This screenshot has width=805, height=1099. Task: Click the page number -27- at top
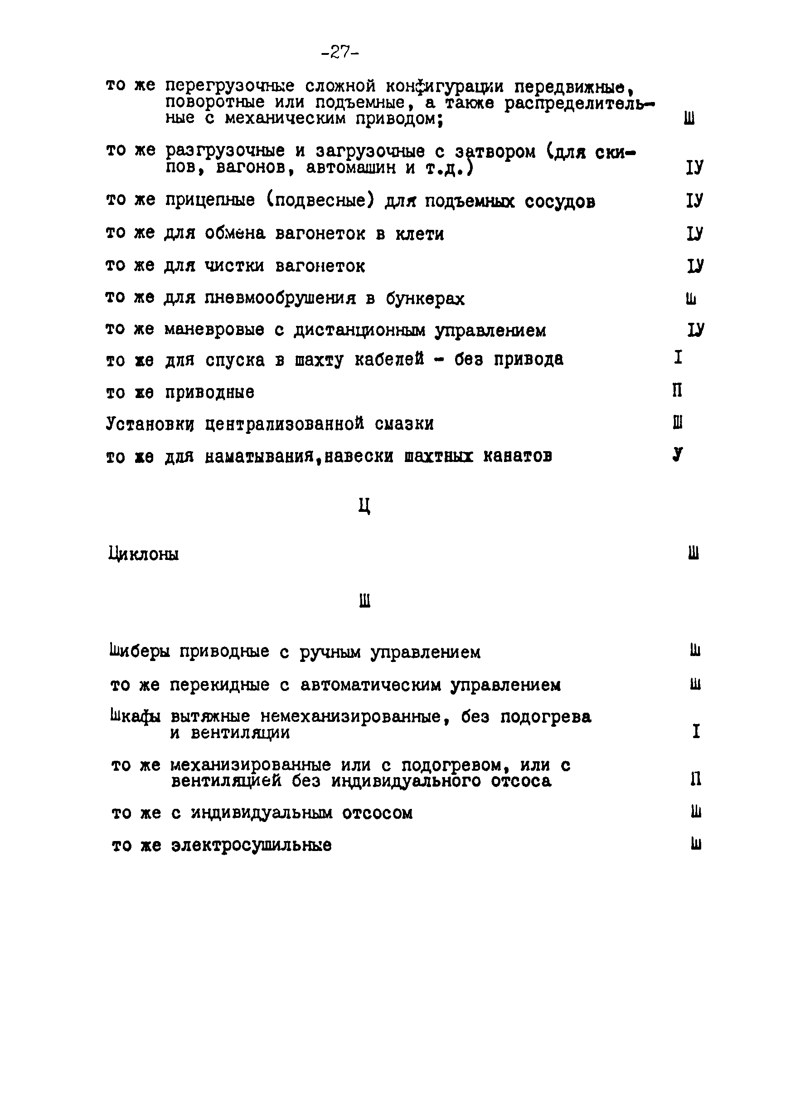click(x=340, y=52)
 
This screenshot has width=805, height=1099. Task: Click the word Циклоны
click(x=143, y=554)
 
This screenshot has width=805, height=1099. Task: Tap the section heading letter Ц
click(x=364, y=507)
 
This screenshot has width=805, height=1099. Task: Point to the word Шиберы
click(x=140, y=652)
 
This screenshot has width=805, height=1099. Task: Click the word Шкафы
click(x=136, y=716)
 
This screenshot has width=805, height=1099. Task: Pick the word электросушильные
click(x=251, y=845)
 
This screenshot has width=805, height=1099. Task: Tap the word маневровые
click(x=214, y=330)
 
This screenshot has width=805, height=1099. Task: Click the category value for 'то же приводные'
click(x=677, y=390)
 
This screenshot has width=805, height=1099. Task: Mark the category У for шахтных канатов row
click(x=677, y=454)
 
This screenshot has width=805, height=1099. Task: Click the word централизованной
click(x=284, y=424)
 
